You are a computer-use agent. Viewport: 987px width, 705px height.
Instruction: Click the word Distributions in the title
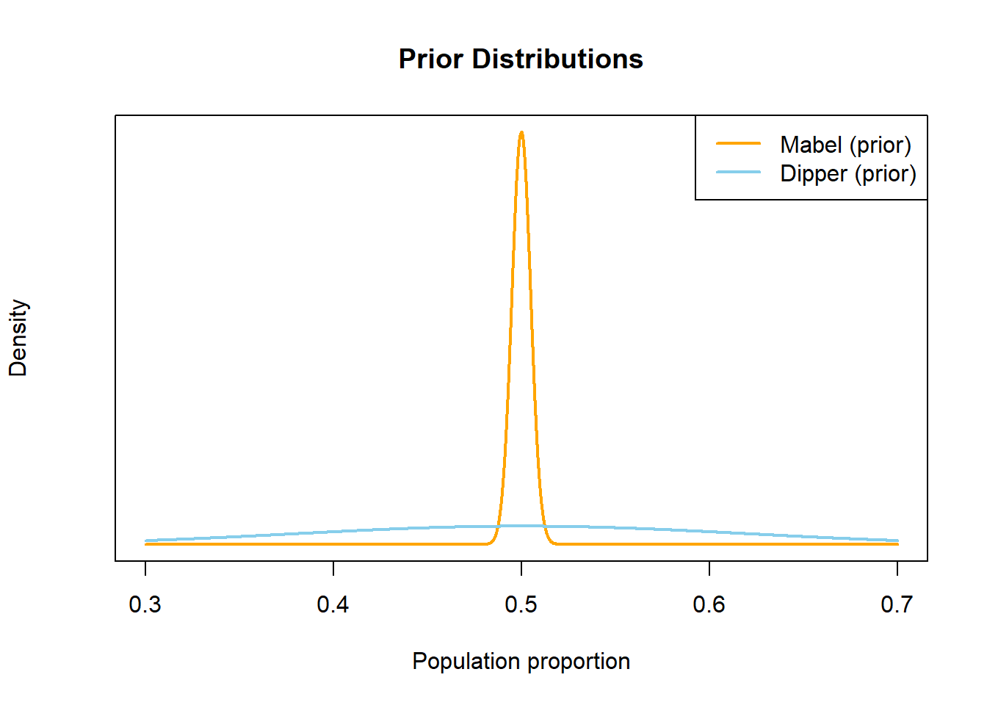557,59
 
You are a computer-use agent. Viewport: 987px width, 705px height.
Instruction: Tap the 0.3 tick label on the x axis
145,604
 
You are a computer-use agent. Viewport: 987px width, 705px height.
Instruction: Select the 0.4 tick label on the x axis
333,604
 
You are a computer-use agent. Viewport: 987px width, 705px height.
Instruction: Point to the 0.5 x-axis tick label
521,604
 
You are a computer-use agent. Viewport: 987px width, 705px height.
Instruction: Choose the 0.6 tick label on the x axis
709,604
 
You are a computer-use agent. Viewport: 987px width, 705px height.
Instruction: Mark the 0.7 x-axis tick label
897,604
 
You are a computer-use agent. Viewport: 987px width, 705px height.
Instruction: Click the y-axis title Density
18,338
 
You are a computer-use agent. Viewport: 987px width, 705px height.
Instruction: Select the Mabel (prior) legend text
845,145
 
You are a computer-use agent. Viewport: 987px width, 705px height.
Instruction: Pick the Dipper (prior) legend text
848,174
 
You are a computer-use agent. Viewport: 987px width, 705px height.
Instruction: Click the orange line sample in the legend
738,143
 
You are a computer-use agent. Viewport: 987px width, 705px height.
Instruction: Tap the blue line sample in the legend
738,172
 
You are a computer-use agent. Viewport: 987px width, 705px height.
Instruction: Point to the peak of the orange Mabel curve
521,133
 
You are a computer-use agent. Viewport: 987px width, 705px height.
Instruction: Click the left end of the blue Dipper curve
146,540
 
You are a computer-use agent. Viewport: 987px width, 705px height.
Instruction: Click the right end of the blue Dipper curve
897,540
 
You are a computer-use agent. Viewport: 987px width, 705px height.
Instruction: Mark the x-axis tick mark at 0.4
333,568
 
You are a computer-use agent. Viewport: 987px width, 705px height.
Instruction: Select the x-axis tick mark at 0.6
709,568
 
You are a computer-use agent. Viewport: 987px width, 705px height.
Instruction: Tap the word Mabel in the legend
811,145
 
